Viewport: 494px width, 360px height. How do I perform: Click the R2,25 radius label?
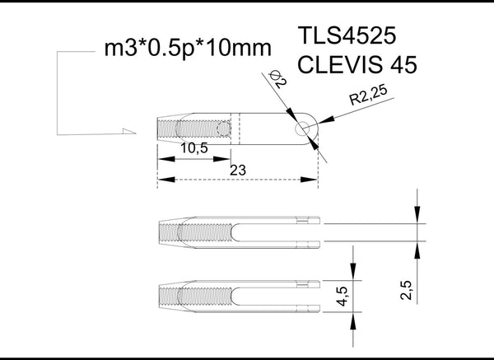[x=367, y=100]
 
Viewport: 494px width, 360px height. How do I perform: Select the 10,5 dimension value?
[x=193, y=149]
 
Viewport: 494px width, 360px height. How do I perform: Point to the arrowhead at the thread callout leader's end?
[x=127, y=132]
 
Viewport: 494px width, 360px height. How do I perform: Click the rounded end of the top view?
[x=312, y=128]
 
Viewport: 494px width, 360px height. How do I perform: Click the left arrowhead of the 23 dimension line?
[x=163, y=179]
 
